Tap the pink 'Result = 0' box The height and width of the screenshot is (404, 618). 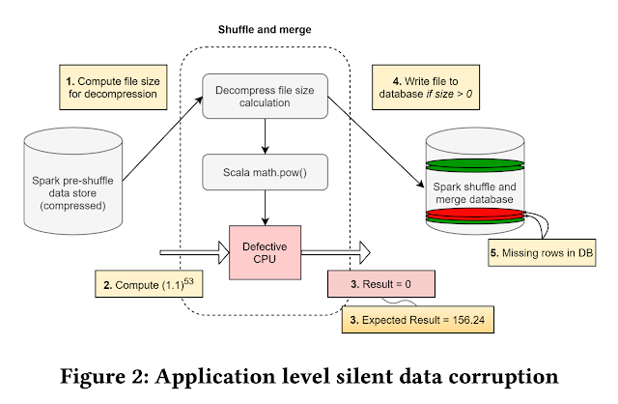click(379, 283)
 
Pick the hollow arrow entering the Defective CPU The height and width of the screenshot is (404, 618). click(190, 252)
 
